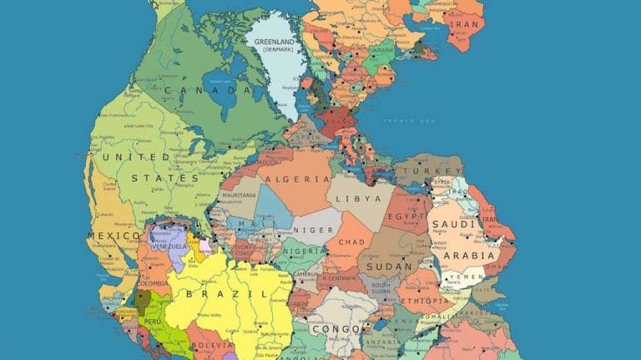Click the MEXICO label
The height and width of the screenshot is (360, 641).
pos(114,236)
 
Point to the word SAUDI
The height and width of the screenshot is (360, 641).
pos(453,225)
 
